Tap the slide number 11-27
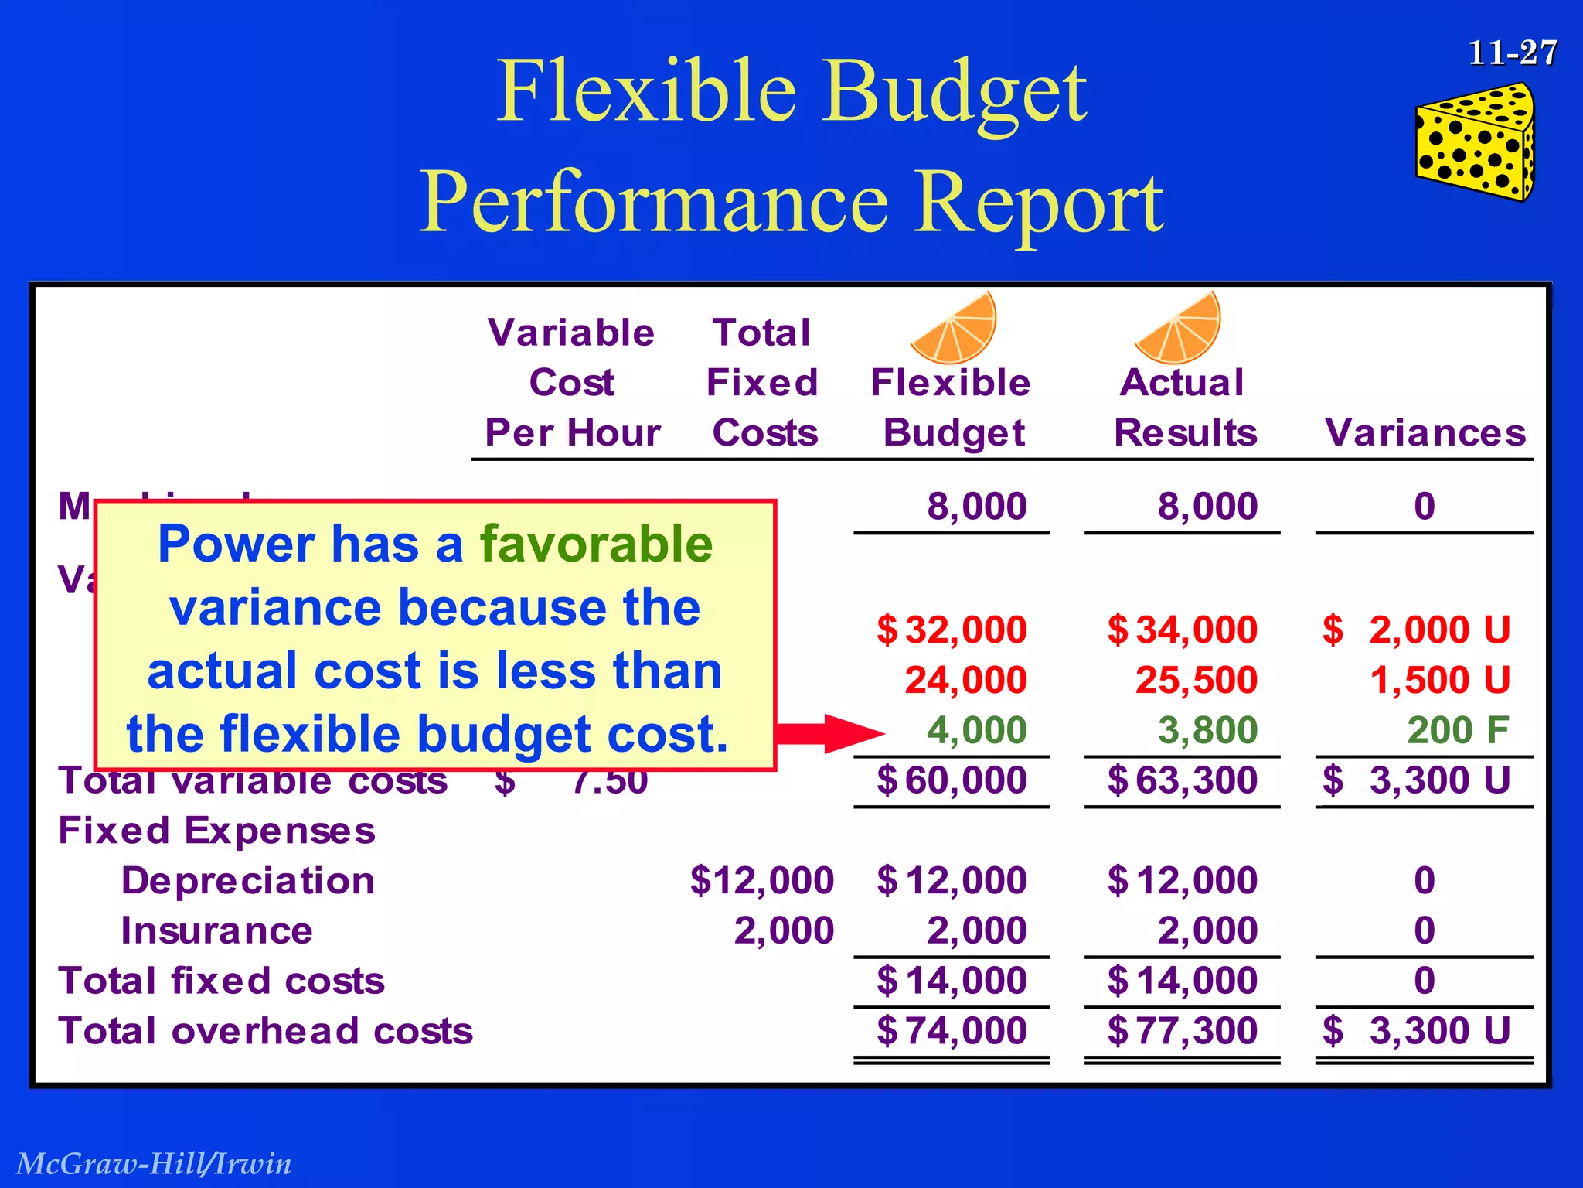(1512, 53)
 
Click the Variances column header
(1425, 432)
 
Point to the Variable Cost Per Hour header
(572, 383)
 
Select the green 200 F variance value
(1457, 730)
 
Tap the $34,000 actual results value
(1182, 630)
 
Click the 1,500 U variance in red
(1439, 680)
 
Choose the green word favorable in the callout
(596, 544)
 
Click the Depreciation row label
(247, 880)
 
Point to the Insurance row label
(216, 930)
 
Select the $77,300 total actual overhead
(1182, 1030)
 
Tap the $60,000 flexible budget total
(952, 780)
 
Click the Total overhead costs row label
(265, 1031)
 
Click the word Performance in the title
(652, 202)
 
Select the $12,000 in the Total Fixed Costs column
(761, 880)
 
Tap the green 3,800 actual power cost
(1207, 730)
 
